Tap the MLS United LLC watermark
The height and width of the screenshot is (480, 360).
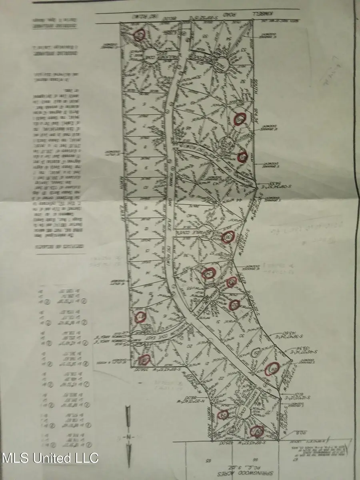tap(50, 457)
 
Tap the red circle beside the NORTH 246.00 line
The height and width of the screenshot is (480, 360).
tap(222, 415)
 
